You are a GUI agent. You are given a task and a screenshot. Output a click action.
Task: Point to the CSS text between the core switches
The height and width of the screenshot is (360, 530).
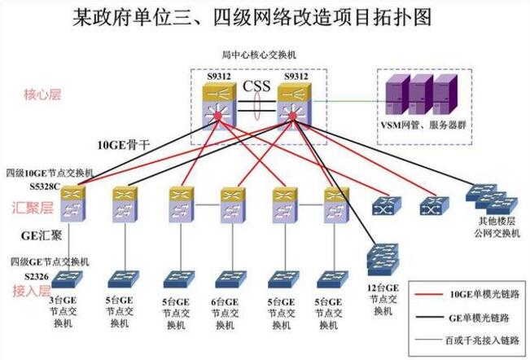click(256, 85)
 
